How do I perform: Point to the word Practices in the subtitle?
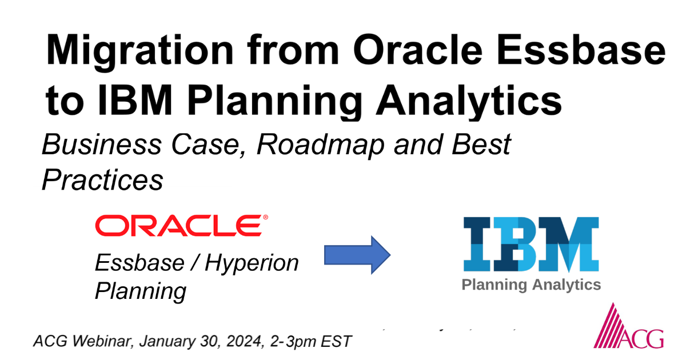(102, 181)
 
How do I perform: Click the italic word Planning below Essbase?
(140, 291)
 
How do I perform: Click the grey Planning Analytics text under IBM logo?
(531, 285)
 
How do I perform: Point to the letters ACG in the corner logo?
(648, 338)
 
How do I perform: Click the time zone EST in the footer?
(337, 342)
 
